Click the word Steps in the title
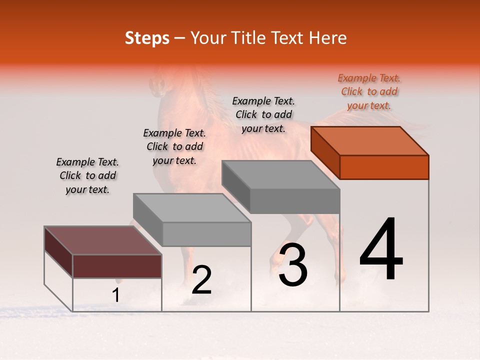[x=147, y=38]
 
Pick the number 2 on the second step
[x=201, y=280]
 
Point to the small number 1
[x=116, y=295]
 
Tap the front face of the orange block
[x=384, y=167]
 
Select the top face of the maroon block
[x=102, y=240]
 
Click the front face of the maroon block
[x=117, y=266]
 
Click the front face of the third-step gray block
[x=295, y=201]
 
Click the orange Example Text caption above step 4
[x=369, y=92]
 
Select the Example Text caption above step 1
[x=87, y=175]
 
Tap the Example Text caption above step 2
[x=174, y=146]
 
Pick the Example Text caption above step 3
[x=263, y=114]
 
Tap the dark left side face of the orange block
[x=325, y=152]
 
